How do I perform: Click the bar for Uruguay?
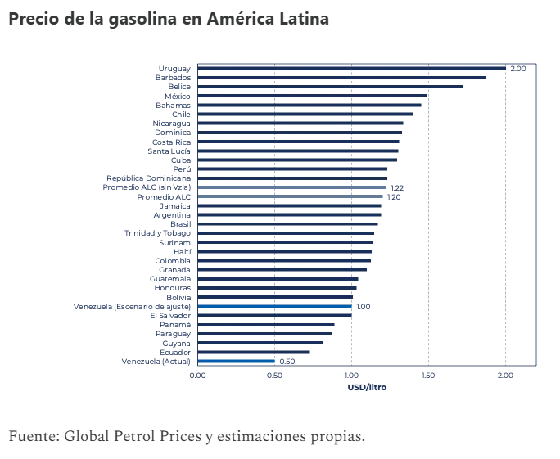[x=351, y=68]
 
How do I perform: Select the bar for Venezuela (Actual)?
[x=236, y=361]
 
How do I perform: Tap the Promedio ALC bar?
[x=290, y=196]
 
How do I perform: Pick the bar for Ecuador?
[x=254, y=352]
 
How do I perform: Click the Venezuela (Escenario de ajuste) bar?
[x=274, y=306]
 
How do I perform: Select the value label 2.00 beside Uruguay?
[x=517, y=69]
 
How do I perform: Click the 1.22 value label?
[x=397, y=188]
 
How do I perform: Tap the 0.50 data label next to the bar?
[x=287, y=362]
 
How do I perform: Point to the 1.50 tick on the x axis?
[x=428, y=375]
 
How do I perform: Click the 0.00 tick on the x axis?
[x=198, y=375]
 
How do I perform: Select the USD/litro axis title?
[x=367, y=387]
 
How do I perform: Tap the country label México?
[x=178, y=96]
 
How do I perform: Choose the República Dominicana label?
[x=149, y=178]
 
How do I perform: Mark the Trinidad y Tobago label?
[x=158, y=233]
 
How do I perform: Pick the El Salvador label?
[x=170, y=315]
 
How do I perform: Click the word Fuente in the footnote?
[x=31, y=435]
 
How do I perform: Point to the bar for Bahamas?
[x=309, y=105]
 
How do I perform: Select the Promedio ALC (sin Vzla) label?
[x=147, y=187]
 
